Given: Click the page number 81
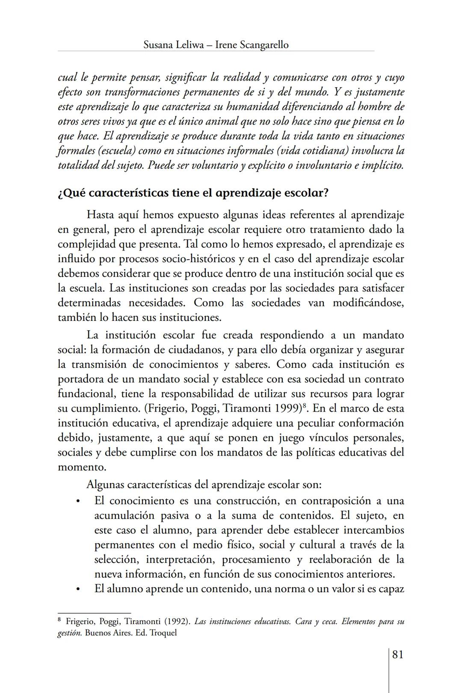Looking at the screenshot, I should pos(397,654).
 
